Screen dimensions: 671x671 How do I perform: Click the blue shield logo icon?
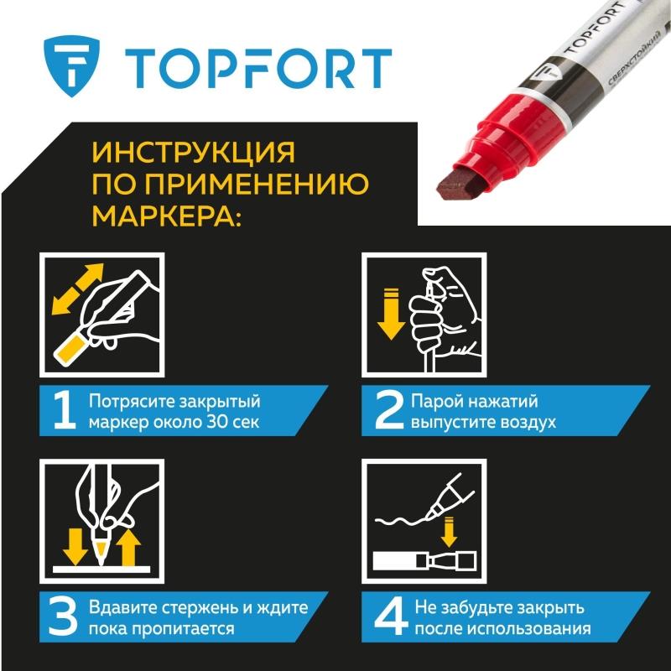(71, 66)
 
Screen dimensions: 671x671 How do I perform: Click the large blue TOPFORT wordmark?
(258, 69)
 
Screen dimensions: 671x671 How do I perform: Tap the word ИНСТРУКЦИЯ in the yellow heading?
(194, 153)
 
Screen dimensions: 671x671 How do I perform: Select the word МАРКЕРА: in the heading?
(166, 216)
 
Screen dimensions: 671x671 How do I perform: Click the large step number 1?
(65, 411)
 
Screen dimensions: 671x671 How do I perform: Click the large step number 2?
(389, 411)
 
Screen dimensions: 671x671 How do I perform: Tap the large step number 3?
(63, 617)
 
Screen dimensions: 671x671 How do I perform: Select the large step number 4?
(390, 617)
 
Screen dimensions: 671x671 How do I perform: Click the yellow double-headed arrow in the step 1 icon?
(78, 289)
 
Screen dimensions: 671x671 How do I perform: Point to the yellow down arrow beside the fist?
(391, 314)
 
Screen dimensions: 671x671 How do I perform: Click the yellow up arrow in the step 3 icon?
(128, 549)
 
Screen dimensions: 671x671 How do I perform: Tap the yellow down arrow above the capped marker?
(449, 532)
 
